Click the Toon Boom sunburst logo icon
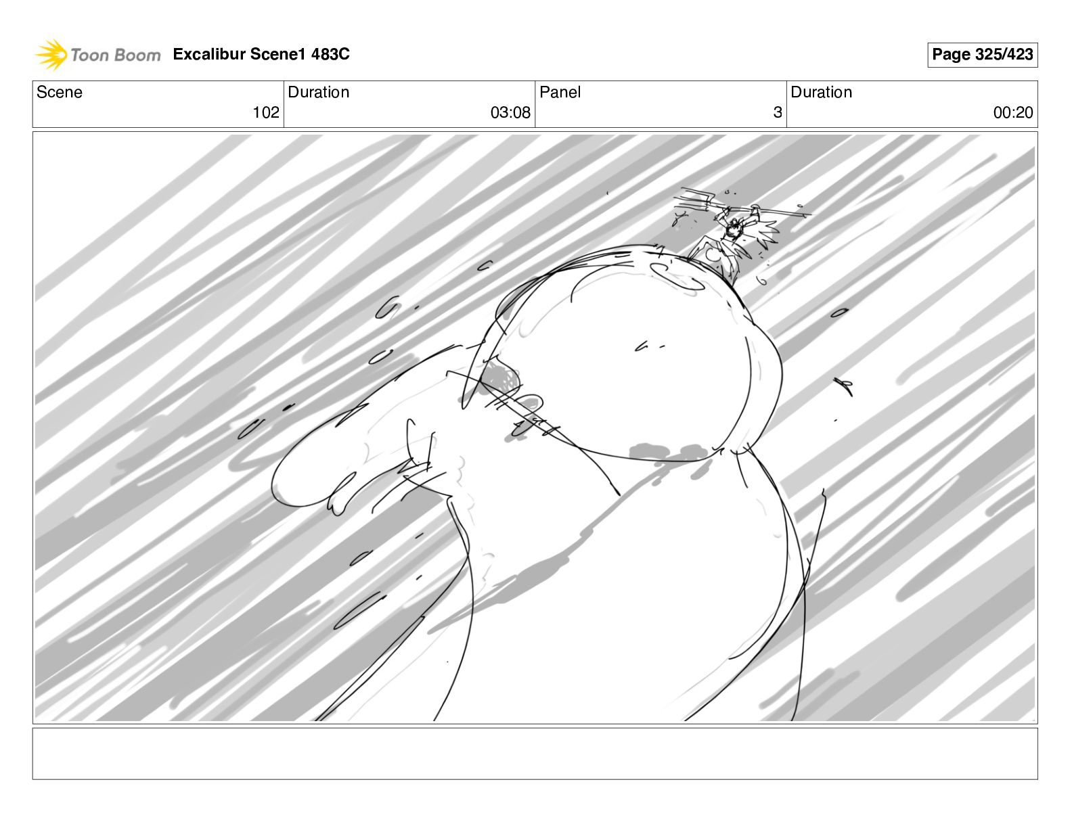[x=51, y=54]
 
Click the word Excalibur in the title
[x=209, y=53]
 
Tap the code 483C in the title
[x=330, y=53]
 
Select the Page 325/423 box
[x=982, y=55]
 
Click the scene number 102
[x=266, y=112]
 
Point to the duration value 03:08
[x=510, y=112]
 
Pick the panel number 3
[x=778, y=112]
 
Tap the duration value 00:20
[x=1013, y=112]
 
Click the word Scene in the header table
[x=59, y=92]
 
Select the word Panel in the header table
[x=560, y=92]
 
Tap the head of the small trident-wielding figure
[x=734, y=229]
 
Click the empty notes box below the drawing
[x=535, y=754]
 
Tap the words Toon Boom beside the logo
[x=116, y=55]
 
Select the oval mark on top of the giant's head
[x=676, y=277]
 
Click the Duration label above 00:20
[x=821, y=92]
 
